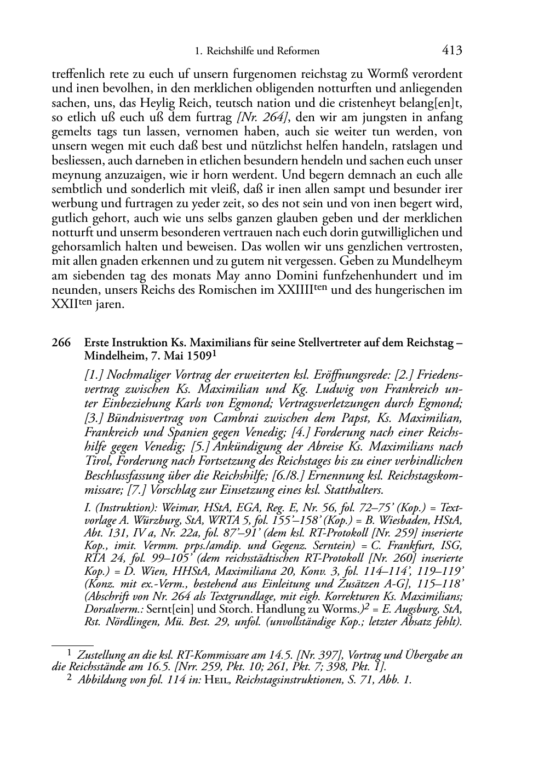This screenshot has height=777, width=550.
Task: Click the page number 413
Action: pyautogui.click(x=452, y=51)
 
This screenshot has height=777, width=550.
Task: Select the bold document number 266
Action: pyautogui.click(x=60, y=342)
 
